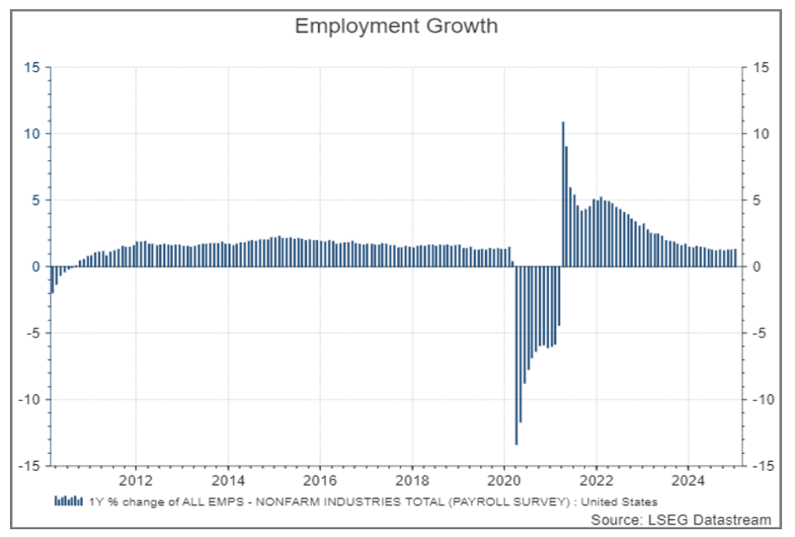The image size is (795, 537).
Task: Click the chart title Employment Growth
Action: point(396,26)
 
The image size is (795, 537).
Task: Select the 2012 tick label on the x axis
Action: point(136,479)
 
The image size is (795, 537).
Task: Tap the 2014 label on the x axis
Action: point(228,479)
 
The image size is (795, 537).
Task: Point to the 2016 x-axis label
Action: point(320,479)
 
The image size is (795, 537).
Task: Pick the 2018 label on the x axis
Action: point(412,479)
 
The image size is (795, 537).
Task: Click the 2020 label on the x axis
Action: point(504,479)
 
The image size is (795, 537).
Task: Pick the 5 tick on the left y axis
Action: point(33,200)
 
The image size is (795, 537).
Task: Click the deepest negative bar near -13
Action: point(516,357)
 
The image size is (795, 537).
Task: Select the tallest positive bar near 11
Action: point(563,194)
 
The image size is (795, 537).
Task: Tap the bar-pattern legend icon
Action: point(68,501)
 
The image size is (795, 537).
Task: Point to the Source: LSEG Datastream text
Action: point(681,519)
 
